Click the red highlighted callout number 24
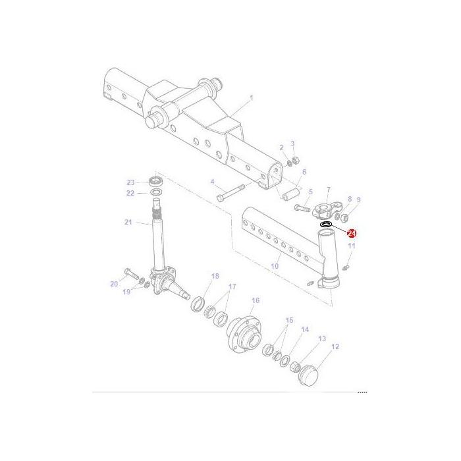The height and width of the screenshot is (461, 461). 352,233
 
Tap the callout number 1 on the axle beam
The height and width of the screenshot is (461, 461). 251,98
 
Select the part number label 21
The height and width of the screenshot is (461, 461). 128,222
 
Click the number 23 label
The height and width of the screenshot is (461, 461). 130,182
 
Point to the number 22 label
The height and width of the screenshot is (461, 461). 130,193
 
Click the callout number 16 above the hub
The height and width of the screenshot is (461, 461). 256,300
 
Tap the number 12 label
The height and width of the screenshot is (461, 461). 335,346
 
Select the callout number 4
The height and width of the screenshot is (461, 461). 213,182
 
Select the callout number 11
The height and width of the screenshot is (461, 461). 352,246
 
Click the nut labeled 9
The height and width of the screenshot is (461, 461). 348,215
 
